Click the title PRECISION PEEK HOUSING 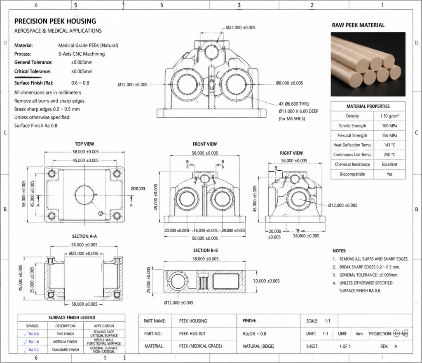[55, 21]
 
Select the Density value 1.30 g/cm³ [389, 116]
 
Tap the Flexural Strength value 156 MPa [389, 135]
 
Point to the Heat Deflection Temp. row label [352, 145]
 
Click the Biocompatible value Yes [389, 174]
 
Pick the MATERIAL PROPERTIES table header [368, 106]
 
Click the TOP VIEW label [84, 144]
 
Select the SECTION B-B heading [205, 250]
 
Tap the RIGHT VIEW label [291, 153]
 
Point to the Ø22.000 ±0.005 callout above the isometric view [241, 28]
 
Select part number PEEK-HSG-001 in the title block [192, 333]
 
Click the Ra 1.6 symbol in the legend [32, 342]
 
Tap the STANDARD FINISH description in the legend [65, 349]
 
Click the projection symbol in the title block [401, 333]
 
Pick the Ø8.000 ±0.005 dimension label [289, 83]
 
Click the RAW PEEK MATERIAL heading [358, 25]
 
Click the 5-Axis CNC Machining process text [82, 54]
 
